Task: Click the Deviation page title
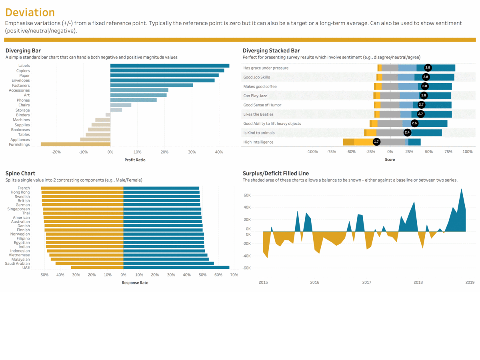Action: [x=30, y=12]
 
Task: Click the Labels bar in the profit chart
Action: [x=170, y=66]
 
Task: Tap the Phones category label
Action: [x=23, y=100]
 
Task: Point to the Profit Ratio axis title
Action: [x=135, y=160]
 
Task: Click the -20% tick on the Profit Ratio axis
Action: [x=56, y=152]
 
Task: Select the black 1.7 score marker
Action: [x=376, y=142]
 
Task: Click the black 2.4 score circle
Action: [x=407, y=132]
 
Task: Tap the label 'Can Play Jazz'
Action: [x=255, y=96]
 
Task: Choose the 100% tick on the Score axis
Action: [x=467, y=152]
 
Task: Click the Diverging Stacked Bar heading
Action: [x=271, y=50]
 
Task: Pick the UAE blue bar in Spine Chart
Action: [x=176, y=268]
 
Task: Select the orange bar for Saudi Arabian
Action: [x=89, y=263]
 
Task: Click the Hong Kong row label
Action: [x=20, y=192]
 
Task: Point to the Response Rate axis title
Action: [x=135, y=283]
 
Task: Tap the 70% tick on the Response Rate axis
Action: [x=234, y=275]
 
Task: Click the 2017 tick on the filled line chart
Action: [x=366, y=282]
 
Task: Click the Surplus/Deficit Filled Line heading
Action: [x=276, y=173]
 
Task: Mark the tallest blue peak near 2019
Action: [x=462, y=190]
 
